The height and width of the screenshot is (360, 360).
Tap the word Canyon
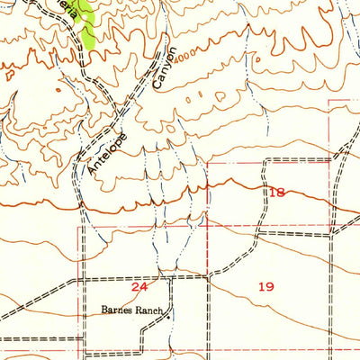pos(166,67)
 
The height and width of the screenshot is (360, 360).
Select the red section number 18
pos(275,193)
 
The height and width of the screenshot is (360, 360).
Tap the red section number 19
pos(265,287)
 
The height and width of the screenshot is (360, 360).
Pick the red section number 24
pos(139,287)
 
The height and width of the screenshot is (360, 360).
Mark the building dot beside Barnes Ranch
pos(167,316)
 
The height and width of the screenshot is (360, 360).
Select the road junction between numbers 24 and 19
pos(210,275)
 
